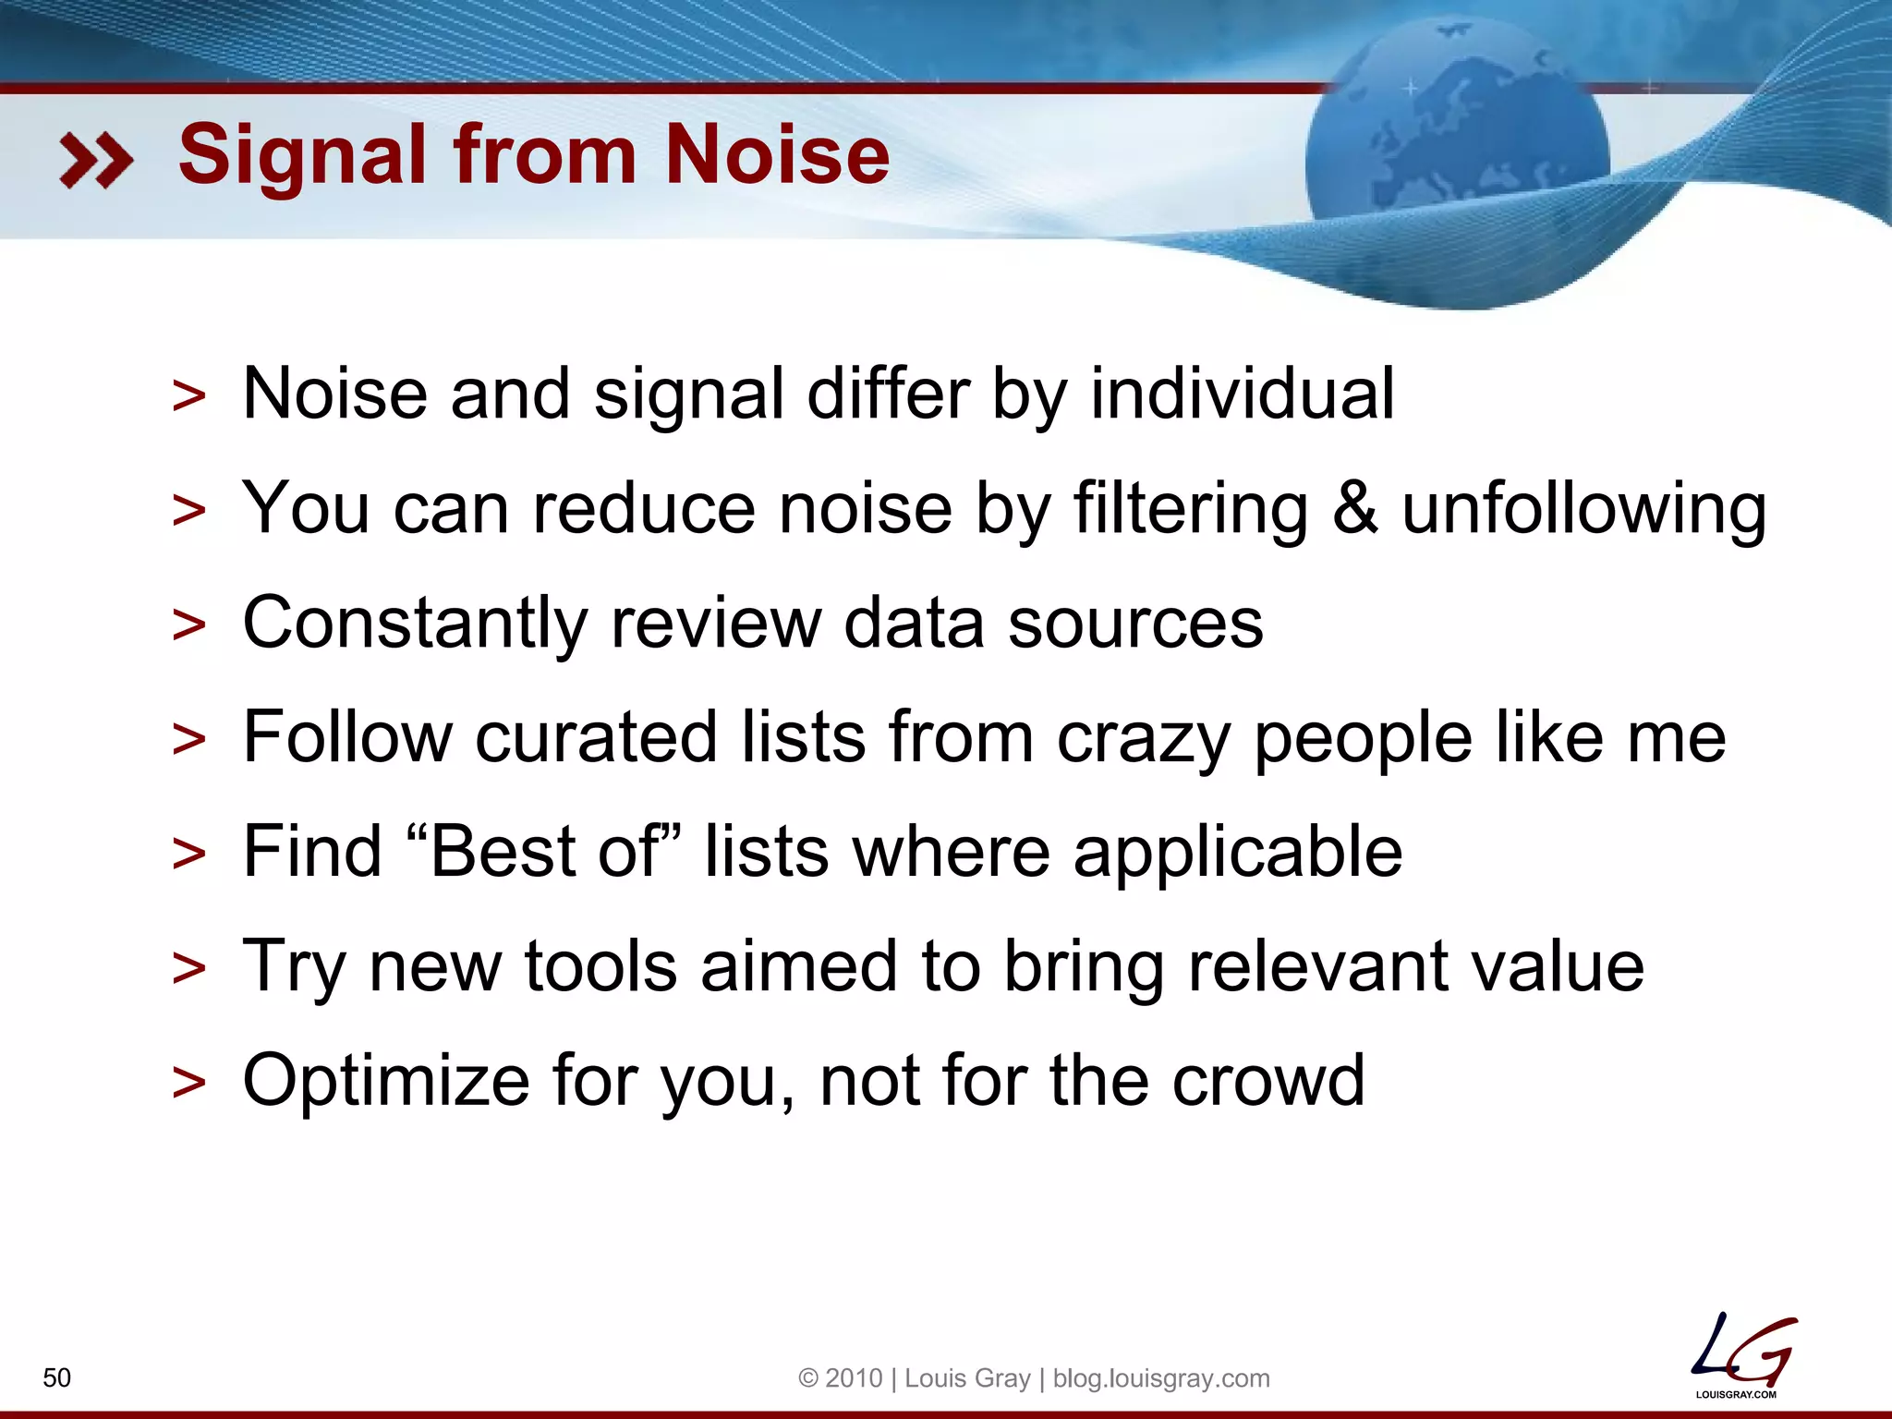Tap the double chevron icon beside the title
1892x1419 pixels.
click(x=96, y=160)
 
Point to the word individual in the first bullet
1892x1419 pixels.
click(x=1242, y=394)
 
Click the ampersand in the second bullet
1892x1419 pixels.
click(x=1354, y=509)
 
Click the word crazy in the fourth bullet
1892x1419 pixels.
click(x=1143, y=739)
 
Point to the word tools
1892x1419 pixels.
click(x=600, y=966)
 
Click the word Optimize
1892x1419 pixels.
click(x=386, y=1082)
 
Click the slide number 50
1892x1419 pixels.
click(x=57, y=1377)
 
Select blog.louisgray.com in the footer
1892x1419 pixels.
click(x=1161, y=1378)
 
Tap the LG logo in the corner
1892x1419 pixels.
click(x=1741, y=1354)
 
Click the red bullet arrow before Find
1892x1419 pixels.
click(x=189, y=854)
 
